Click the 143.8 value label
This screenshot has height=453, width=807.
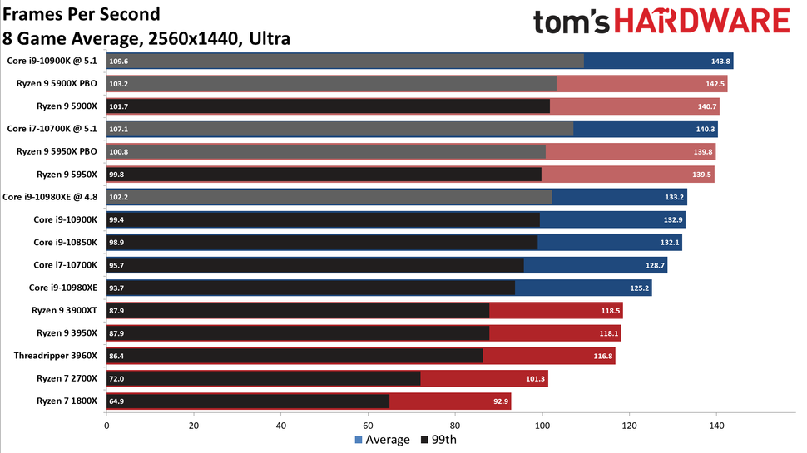coord(720,61)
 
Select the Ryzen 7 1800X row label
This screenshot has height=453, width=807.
coord(67,401)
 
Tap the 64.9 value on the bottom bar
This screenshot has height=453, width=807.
coord(117,401)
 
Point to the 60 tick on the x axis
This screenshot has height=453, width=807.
coord(368,426)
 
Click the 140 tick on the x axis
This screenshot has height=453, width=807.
coord(717,426)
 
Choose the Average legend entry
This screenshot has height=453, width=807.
coord(383,440)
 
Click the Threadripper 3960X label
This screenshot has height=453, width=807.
coord(56,356)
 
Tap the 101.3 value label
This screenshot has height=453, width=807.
coord(536,379)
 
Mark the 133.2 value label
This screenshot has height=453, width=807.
coord(675,197)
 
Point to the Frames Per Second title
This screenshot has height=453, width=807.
coord(82,15)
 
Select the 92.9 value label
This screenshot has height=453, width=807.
coord(499,401)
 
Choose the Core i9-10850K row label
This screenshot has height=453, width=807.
coord(66,242)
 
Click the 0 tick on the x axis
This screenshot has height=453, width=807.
coord(106,426)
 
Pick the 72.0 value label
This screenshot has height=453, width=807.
coord(117,379)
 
